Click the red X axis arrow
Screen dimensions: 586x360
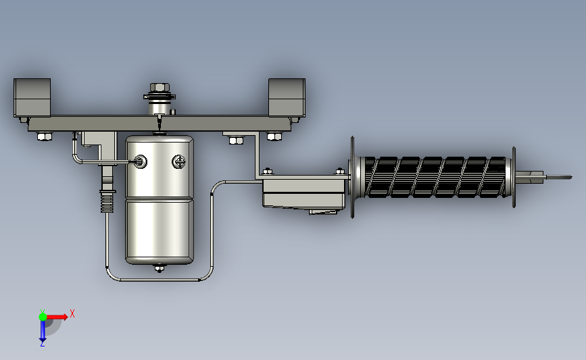56,317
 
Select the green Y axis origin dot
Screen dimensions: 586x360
43,317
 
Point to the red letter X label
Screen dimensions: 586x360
72,313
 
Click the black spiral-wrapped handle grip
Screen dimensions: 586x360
435,177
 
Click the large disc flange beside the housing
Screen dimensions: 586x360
352,177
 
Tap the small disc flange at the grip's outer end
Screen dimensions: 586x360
514,177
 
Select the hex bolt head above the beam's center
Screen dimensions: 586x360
160,87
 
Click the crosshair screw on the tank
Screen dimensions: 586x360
179,161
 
